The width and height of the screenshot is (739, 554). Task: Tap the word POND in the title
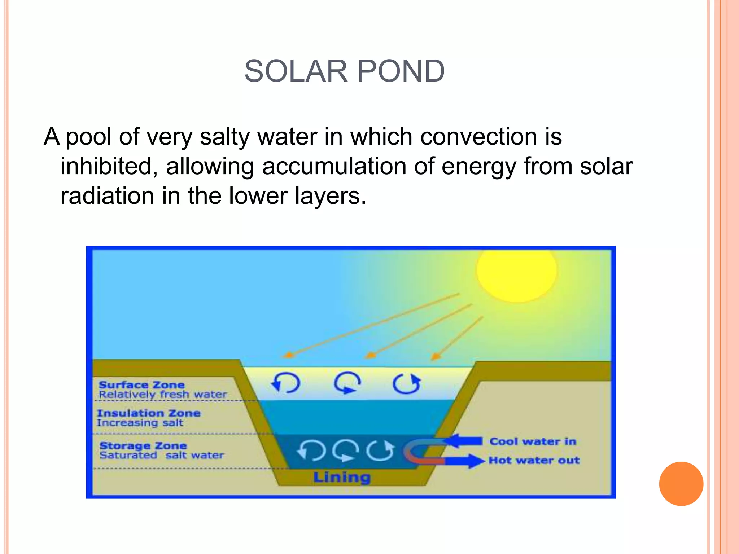pyautogui.click(x=401, y=71)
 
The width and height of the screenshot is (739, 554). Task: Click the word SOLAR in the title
pyautogui.click(x=296, y=71)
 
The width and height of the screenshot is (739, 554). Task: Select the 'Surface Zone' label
pyautogui.click(x=141, y=385)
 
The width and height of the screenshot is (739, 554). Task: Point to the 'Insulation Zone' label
pyautogui.click(x=149, y=413)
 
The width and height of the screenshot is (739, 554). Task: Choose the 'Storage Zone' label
pyautogui.click(x=143, y=446)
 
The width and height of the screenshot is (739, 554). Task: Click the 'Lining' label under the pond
pyautogui.click(x=342, y=477)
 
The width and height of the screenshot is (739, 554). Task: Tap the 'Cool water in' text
pyautogui.click(x=533, y=441)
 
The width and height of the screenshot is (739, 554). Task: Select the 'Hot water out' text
pyautogui.click(x=534, y=460)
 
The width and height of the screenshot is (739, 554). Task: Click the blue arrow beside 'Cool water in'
pyautogui.click(x=463, y=441)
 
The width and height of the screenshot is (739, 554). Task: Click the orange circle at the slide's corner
pyautogui.click(x=681, y=484)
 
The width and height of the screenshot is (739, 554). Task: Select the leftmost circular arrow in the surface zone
pyautogui.click(x=286, y=383)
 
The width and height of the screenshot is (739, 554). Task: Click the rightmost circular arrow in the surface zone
pyautogui.click(x=407, y=383)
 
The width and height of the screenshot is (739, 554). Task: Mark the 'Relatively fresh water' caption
pyautogui.click(x=163, y=395)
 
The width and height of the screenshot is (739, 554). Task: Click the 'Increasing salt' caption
pyautogui.click(x=140, y=423)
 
